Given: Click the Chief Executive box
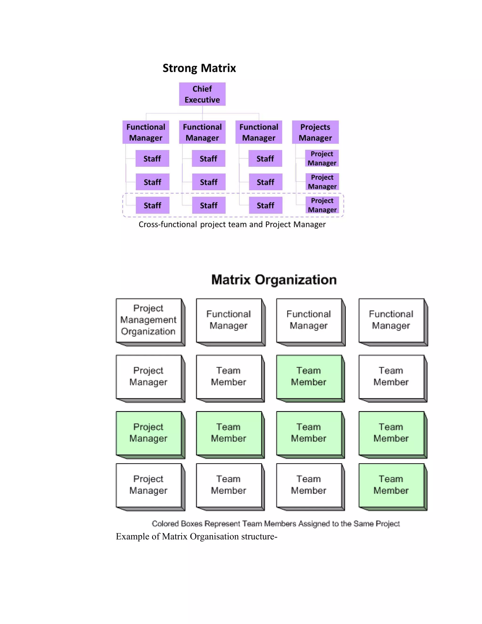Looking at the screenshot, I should (202, 94).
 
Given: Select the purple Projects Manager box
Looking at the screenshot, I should (315, 132).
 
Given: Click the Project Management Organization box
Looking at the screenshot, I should (149, 320).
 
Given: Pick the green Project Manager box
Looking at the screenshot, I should (149, 433).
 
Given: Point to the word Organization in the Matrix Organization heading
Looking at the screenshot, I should (296, 280).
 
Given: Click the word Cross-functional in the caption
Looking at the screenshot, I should (168, 225).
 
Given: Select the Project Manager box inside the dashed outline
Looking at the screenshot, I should (322, 205).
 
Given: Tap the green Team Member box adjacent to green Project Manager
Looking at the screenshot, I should (229, 433).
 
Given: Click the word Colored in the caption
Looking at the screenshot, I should (165, 524).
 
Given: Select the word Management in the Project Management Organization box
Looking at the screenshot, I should (148, 320).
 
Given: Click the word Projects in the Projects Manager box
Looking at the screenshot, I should (315, 127).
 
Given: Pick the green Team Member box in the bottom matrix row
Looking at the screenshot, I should (391, 485).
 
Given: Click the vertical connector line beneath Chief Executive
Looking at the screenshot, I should (202, 110).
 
